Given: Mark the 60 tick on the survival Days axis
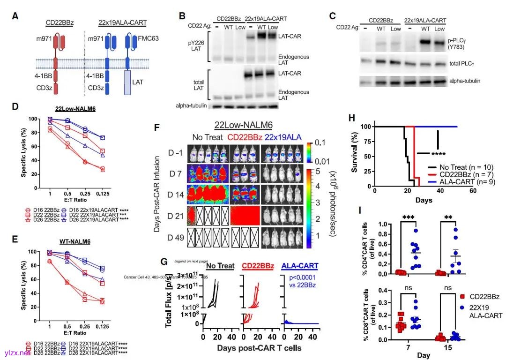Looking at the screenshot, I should point(473,191).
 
